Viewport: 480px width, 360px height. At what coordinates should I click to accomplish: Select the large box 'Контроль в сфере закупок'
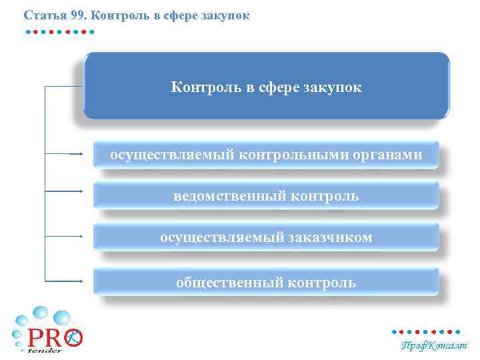266,85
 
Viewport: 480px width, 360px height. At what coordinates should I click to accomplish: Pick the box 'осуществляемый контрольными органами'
266,155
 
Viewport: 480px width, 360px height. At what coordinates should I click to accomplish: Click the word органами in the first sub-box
389,155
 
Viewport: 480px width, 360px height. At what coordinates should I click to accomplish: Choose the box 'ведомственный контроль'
266,196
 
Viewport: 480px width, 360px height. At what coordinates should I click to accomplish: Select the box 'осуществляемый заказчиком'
266,237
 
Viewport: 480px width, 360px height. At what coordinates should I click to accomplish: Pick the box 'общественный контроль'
266,282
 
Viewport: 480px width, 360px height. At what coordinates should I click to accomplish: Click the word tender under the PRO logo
45,349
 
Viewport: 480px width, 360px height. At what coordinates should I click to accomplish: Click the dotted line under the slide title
59,31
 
